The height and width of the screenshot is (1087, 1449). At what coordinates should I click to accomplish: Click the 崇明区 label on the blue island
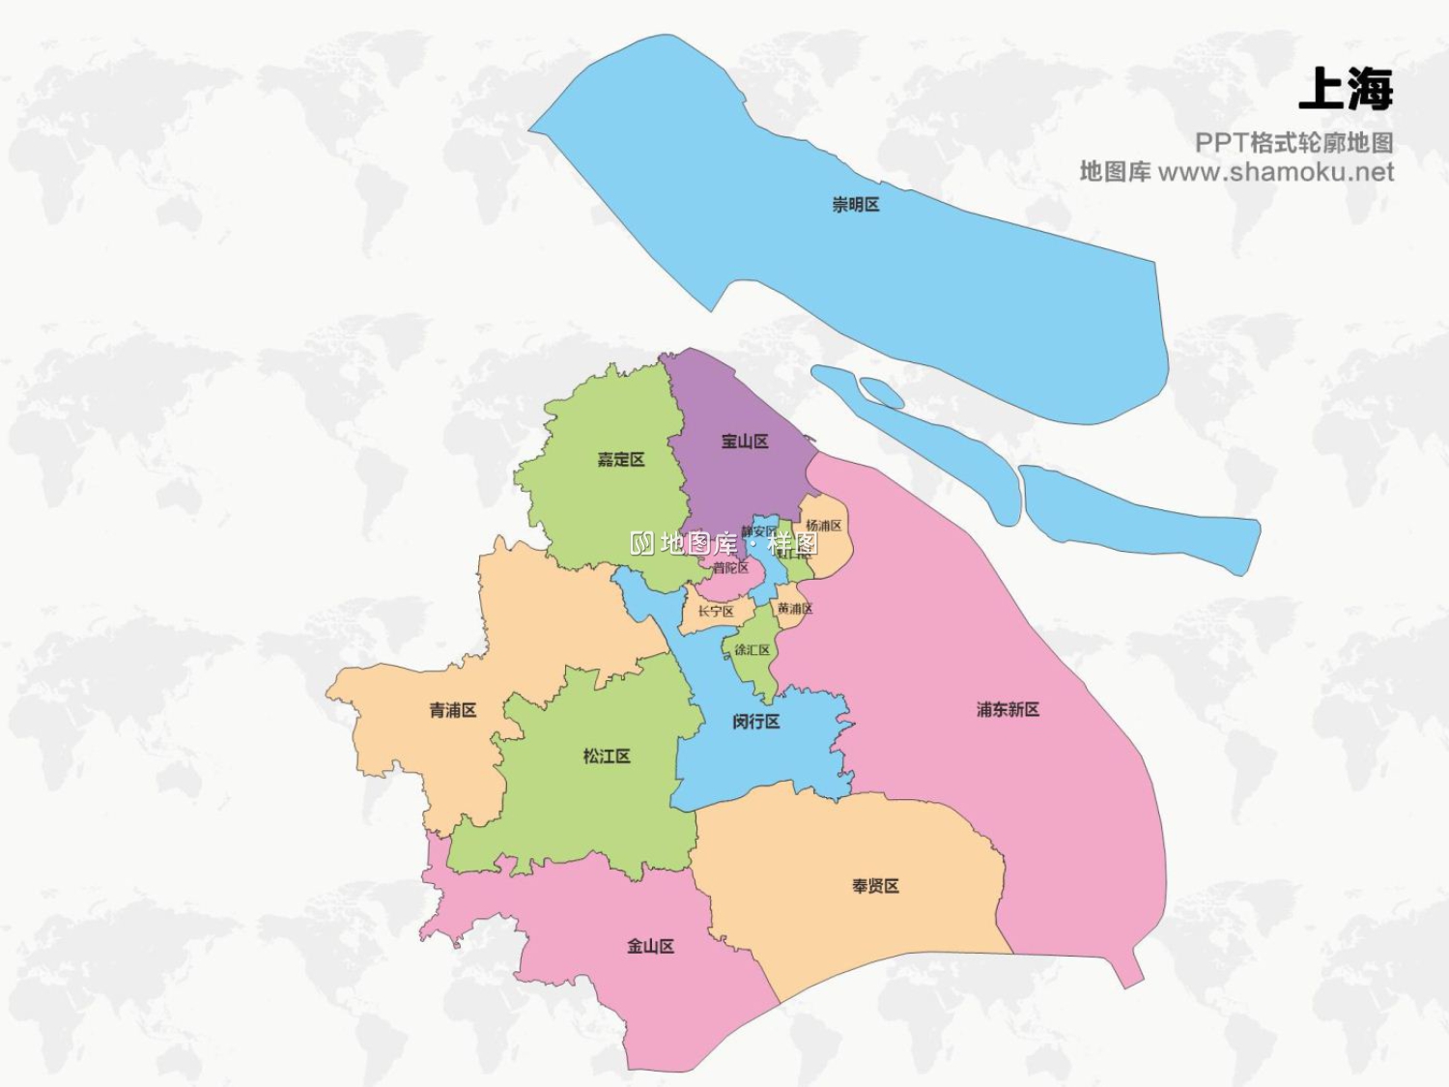[856, 205]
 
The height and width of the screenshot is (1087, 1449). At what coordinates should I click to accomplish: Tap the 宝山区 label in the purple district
[745, 442]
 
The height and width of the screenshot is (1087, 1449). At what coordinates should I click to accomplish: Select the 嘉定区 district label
[620, 460]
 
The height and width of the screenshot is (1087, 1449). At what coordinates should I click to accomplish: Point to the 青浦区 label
[453, 710]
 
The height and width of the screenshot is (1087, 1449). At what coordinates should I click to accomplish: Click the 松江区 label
[607, 756]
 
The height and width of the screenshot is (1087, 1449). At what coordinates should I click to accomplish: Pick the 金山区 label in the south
[650, 946]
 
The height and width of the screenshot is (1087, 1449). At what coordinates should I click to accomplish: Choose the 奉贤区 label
[875, 886]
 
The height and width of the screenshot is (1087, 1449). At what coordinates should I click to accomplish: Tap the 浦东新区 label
[1008, 709]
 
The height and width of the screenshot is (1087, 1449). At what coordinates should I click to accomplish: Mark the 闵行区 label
[755, 722]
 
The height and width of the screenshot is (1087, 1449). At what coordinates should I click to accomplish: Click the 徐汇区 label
[752, 650]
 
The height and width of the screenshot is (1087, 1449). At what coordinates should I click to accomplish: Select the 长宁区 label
[716, 612]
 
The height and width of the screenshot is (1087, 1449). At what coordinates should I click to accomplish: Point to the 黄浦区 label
[794, 609]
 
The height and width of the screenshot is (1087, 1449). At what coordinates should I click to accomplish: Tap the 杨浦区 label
[824, 526]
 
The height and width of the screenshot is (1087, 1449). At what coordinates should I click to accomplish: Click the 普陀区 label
[731, 568]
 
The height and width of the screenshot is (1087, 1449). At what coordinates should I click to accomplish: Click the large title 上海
[1346, 90]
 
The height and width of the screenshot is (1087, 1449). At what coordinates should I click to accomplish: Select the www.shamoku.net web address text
[1275, 173]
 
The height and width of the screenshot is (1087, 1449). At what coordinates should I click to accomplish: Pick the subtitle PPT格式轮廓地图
[1293, 143]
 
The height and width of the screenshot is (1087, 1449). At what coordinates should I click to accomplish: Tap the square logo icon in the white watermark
[642, 543]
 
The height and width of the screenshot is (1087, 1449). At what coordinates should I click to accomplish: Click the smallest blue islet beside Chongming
[881, 392]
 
